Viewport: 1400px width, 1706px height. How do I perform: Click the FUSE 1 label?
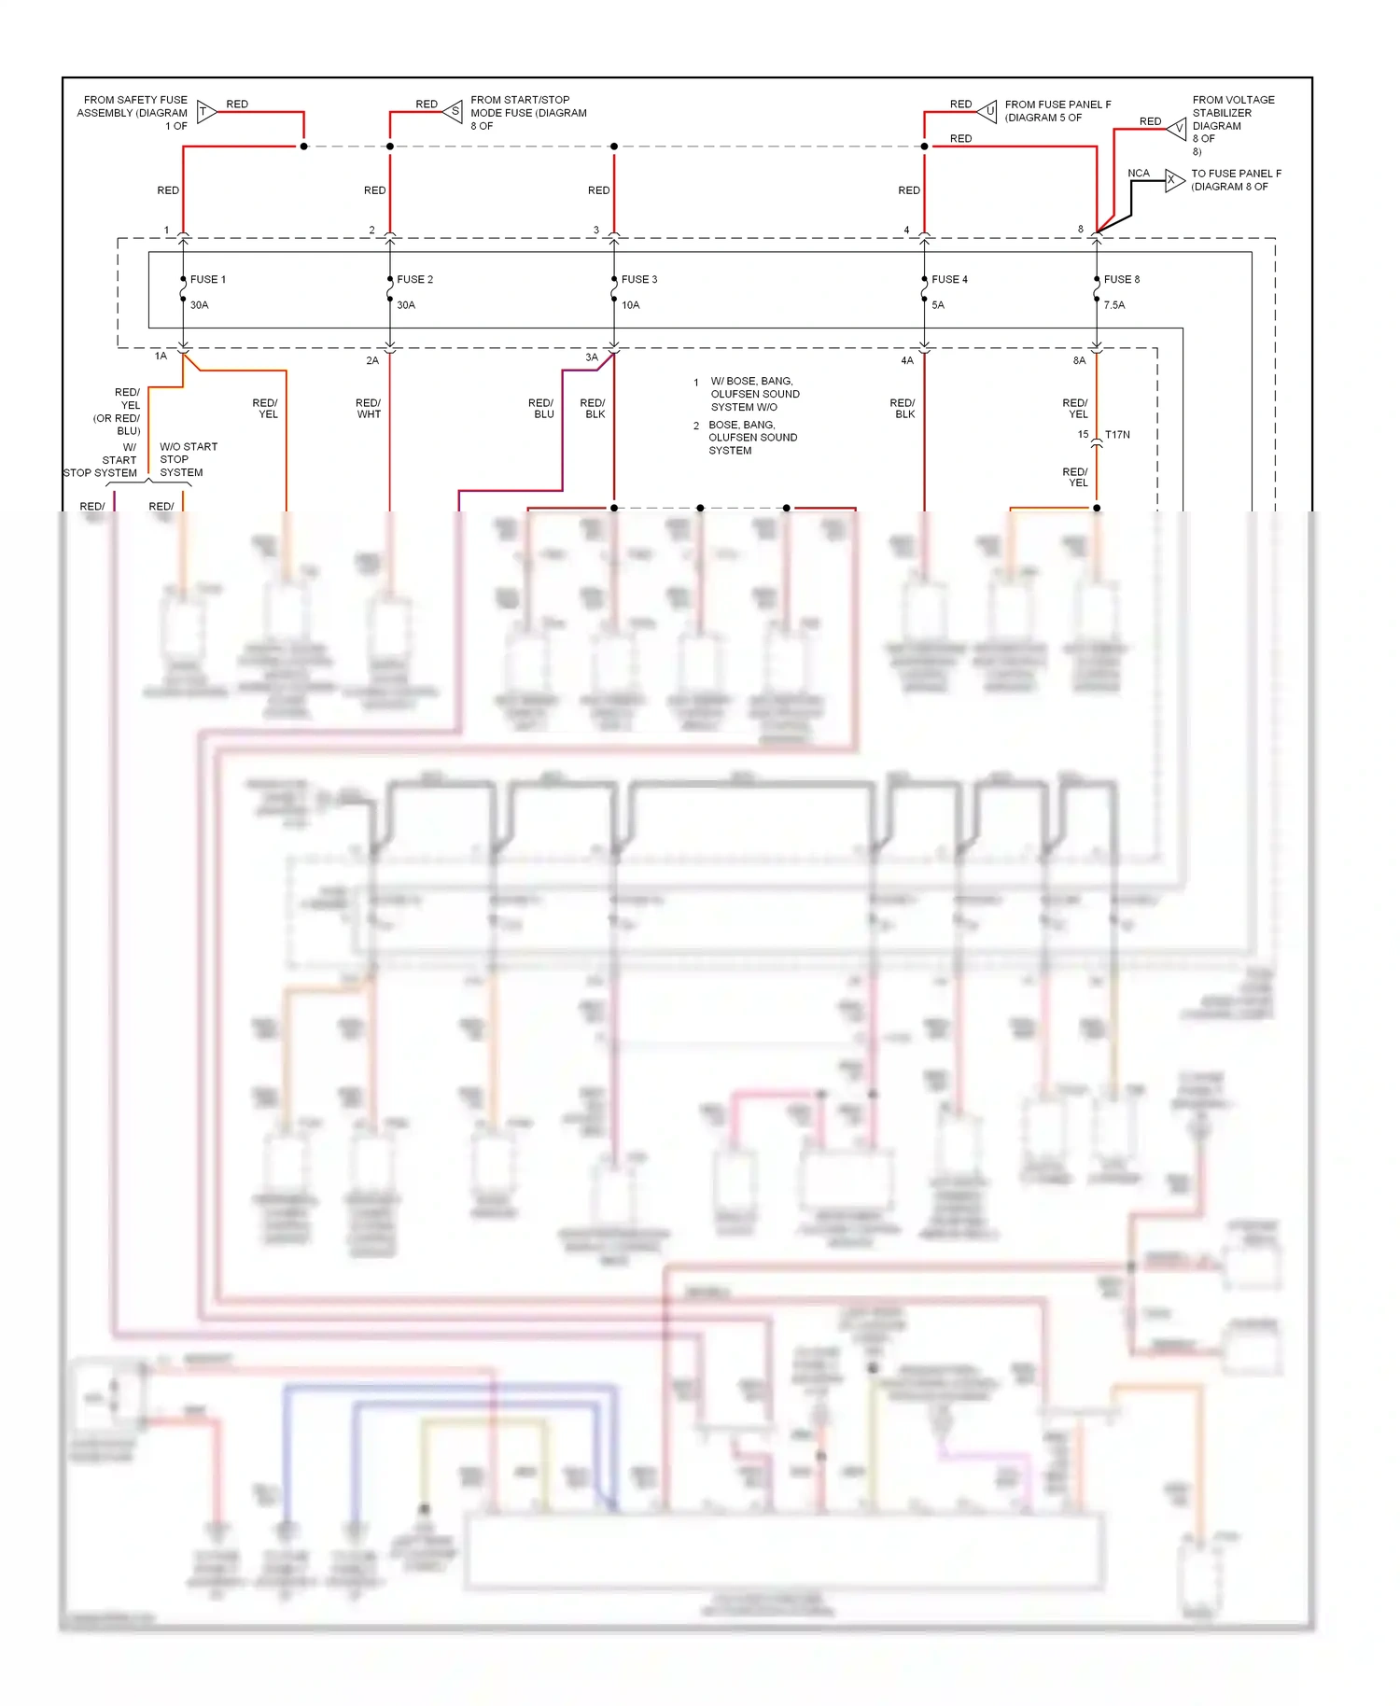tap(207, 279)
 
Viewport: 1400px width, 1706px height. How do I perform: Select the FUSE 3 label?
tap(639, 279)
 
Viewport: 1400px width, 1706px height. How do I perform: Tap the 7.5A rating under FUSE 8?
tap(1114, 305)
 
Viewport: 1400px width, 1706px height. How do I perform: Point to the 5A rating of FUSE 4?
tap(938, 305)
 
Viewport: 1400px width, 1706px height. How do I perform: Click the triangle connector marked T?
tap(205, 112)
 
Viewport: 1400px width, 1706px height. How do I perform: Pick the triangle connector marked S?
tap(454, 112)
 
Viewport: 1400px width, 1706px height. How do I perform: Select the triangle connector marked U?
tap(988, 112)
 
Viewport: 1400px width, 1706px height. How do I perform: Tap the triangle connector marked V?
tap(1178, 128)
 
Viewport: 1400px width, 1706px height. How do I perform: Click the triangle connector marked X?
tap(1173, 180)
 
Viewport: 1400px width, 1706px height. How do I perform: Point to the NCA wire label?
tap(1138, 173)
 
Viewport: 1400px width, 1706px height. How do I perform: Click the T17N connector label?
tap(1117, 435)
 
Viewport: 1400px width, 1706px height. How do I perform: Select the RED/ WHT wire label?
tap(369, 409)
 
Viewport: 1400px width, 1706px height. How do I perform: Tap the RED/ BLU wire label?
tap(541, 409)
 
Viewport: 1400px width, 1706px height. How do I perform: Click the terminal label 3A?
tap(592, 357)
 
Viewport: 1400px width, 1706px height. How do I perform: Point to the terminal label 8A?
tap(1079, 360)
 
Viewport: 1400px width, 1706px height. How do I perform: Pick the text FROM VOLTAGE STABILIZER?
tap(1232, 106)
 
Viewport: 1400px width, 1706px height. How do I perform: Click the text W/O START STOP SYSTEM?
tap(188, 459)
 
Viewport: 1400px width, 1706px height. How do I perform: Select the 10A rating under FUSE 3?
tap(631, 305)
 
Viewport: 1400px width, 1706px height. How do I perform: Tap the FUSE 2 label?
tap(414, 279)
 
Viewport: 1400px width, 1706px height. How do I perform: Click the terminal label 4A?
tap(906, 360)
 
